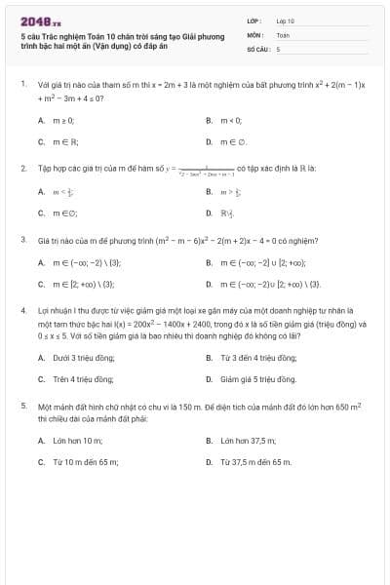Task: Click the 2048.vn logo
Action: coord(34,20)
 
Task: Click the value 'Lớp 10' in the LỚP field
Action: coord(285,20)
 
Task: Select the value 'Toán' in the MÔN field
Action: coord(283,34)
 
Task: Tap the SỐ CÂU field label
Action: coord(257,48)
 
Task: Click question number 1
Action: coord(22,85)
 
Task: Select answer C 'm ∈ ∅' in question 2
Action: coord(62,212)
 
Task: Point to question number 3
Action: coord(22,239)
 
